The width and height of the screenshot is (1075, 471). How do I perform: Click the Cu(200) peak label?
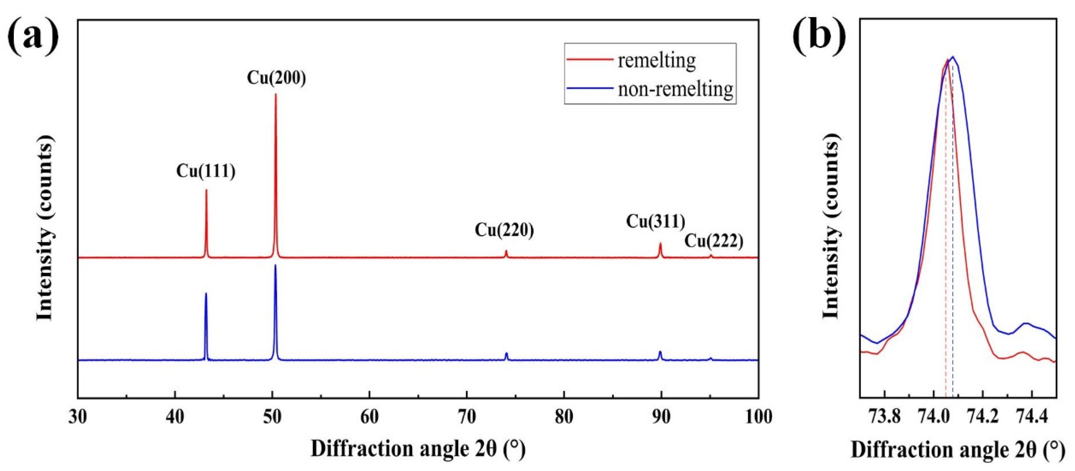[276, 78]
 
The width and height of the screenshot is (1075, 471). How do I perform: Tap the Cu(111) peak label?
[206, 171]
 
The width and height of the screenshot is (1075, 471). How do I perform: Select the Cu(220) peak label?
[504, 230]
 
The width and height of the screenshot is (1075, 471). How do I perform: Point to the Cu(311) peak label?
[655, 221]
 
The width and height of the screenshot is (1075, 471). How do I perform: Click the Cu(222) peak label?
[714, 241]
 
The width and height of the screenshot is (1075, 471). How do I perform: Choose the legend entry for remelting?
[656, 61]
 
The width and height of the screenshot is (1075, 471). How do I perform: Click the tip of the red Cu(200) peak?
[275, 94]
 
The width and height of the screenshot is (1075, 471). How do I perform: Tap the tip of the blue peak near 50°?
[275, 265]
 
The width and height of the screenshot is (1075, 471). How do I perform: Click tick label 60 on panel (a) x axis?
[369, 417]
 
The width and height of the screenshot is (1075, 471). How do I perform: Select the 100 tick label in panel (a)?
[758, 417]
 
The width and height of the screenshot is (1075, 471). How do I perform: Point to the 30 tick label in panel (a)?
[78, 417]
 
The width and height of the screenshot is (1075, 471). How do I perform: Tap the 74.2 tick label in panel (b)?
[983, 417]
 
